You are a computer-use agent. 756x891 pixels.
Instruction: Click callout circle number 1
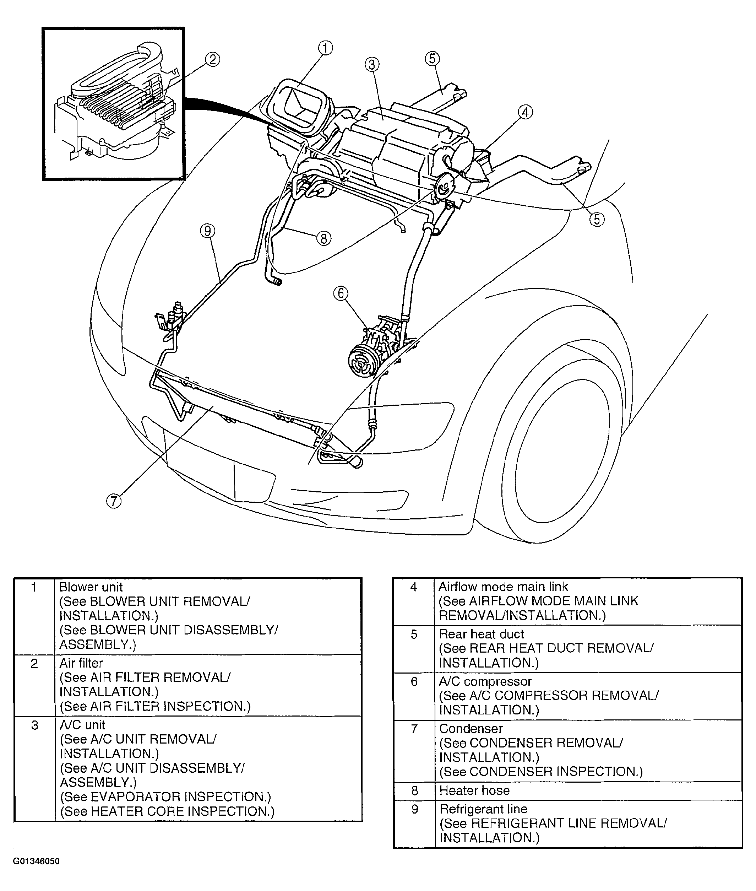[325, 48]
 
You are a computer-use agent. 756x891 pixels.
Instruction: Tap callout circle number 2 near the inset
[212, 59]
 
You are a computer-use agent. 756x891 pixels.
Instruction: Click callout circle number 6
[341, 293]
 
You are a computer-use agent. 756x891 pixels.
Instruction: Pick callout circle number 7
[114, 501]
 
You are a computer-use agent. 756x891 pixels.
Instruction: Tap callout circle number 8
[323, 238]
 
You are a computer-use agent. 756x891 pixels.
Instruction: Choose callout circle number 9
[207, 231]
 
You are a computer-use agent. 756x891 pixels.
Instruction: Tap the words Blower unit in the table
[91, 587]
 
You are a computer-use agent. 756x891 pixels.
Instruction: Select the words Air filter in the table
[81, 663]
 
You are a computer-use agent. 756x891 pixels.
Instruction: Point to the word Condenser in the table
[471, 729]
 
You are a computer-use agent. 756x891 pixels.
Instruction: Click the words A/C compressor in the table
[485, 681]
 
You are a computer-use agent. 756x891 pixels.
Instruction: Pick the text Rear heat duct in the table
[481, 634]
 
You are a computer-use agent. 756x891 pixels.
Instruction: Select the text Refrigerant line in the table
[483, 809]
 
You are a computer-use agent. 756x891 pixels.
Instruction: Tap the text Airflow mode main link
[503, 587]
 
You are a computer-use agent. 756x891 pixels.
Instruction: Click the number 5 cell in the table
[414, 634]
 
